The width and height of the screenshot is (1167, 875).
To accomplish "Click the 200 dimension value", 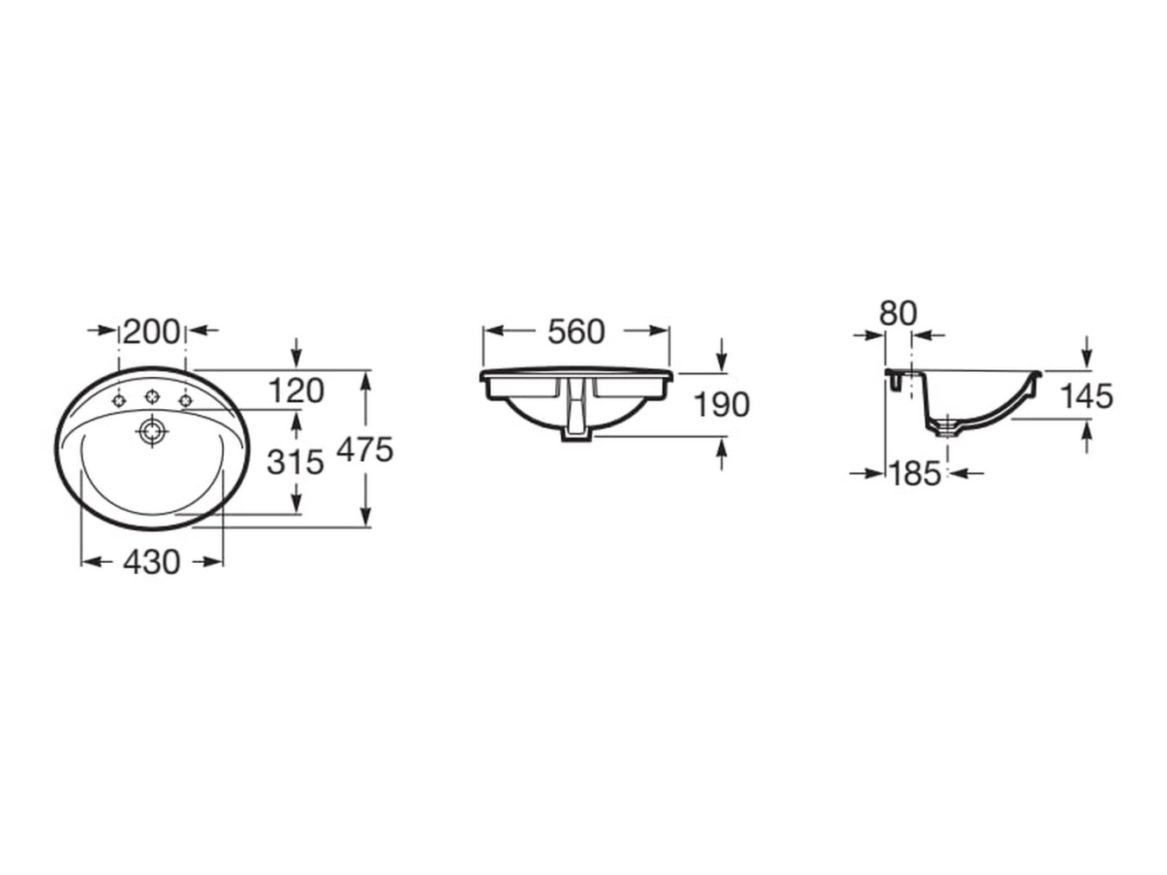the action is (x=152, y=332).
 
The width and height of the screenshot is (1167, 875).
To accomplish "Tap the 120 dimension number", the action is (x=297, y=392).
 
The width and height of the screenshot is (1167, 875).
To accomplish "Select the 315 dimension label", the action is (x=295, y=462).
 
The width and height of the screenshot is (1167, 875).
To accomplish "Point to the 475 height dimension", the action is (x=365, y=450).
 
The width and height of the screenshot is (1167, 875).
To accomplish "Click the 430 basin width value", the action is (x=152, y=562).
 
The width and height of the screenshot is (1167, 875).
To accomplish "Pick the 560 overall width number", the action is (x=577, y=332).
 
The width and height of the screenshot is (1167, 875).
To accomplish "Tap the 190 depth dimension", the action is (x=722, y=404).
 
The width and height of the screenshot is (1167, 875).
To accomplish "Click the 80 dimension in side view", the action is (x=898, y=313).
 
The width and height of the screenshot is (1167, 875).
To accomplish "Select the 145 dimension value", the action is (x=1087, y=396).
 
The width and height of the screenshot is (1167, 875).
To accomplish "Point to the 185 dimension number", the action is (x=915, y=473).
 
